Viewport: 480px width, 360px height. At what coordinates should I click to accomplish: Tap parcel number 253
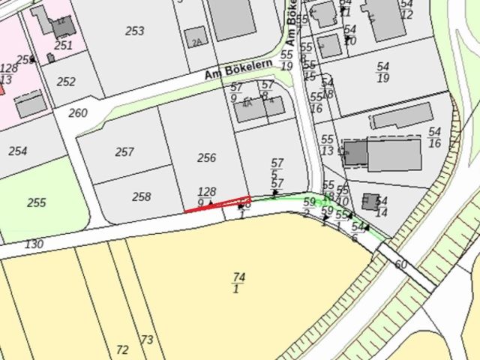click(135, 31)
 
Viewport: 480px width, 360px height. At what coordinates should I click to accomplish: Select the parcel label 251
click(64, 46)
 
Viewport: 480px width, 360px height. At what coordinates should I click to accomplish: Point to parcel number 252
click(66, 82)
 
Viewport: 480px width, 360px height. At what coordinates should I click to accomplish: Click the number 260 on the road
click(78, 114)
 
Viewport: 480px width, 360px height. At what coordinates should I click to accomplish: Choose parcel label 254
click(18, 151)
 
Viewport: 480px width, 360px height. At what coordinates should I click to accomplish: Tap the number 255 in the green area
click(36, 202)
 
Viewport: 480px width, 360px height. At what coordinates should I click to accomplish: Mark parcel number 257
click(124, 152)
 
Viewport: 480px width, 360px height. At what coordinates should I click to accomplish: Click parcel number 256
click(206, 158)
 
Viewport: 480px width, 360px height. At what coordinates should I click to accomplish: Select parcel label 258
click(141, 197)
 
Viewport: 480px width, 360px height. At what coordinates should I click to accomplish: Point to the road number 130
click(34, 244)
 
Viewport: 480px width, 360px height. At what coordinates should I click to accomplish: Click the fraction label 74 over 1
click(238, 283)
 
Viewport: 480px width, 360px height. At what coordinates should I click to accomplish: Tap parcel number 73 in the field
click(147, 340)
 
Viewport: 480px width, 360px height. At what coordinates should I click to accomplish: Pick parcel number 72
click(122, 349)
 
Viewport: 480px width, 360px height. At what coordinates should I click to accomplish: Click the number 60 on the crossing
click(400, 265)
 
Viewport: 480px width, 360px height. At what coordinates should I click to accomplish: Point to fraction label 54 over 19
click(382, 72)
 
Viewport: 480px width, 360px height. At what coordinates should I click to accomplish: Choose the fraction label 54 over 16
click(434, 137)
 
